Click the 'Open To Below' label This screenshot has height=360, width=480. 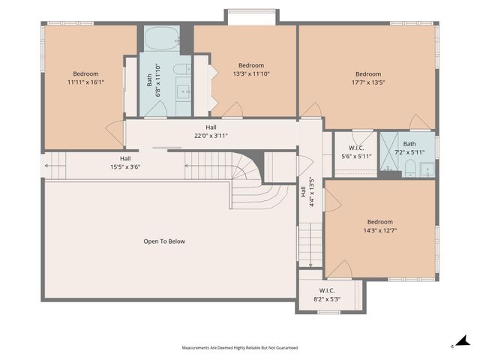point(164,241)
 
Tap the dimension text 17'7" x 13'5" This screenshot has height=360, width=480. point(368,82)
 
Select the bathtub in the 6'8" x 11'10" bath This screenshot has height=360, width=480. point(162,38)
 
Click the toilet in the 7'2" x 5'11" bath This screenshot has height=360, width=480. point(409,169)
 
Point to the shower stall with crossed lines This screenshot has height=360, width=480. point(389,151)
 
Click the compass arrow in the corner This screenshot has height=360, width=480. point(463,340)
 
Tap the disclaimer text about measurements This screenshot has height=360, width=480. point(240,348)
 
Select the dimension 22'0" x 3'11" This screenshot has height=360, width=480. point(211,136)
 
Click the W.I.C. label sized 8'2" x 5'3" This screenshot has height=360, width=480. point(327,290)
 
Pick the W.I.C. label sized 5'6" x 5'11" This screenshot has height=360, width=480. point(356,148)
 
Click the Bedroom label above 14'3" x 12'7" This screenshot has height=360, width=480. point(380,222)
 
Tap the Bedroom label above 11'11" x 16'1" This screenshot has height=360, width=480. point(85,73)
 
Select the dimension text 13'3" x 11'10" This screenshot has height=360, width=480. point(251,73)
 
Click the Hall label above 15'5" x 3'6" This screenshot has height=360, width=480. point(125,158)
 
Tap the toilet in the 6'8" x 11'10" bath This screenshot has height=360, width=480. point(181,69)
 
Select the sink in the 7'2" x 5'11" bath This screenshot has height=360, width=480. point(427,169)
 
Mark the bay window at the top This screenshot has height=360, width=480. point(252,11)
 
